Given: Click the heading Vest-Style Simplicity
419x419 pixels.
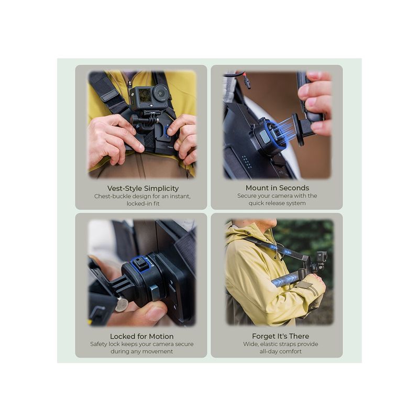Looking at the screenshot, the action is pos(142,189).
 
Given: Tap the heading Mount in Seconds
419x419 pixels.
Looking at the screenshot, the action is pos(277,188).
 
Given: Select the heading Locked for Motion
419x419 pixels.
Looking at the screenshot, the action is pos(141,336).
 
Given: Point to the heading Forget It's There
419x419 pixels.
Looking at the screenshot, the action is pos(280,336).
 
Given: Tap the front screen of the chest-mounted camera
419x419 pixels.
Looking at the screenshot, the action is pos(145,95).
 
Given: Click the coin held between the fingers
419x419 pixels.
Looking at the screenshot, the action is pos(122,304).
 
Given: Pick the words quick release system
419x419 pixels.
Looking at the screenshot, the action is pos(277,203).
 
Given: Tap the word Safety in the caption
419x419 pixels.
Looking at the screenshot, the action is pos(98,344).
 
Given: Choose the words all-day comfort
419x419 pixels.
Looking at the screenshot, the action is pos(280,351).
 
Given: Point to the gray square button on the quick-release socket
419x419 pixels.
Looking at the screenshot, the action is pos(264,137).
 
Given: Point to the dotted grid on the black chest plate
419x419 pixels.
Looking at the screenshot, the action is pos(247,162).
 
